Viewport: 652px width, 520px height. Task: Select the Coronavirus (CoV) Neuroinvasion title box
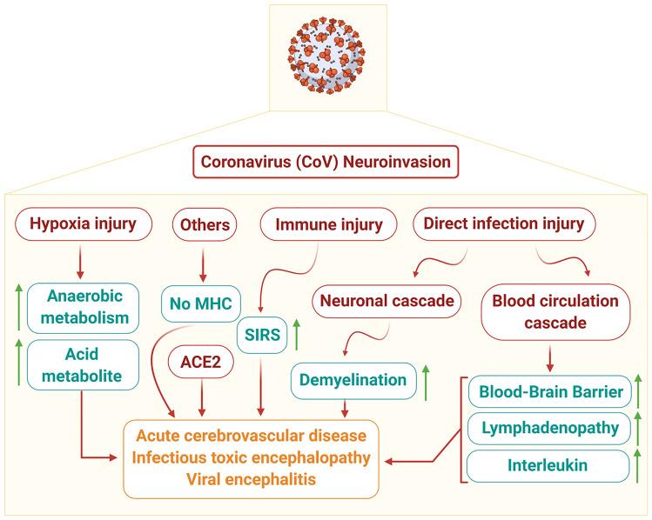pos(325,162)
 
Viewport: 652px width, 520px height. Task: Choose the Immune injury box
pos(323,225)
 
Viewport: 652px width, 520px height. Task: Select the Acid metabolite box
pos(80,364)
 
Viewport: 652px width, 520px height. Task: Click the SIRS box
pos(268,335)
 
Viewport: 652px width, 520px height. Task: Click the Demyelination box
pos(349,379)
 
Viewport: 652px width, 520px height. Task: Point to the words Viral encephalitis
pos(251,477)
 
